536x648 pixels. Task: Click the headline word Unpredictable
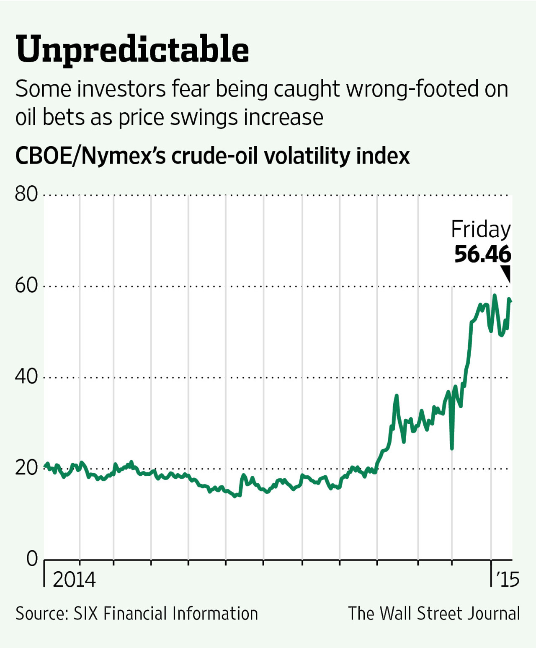(x=132, y=49)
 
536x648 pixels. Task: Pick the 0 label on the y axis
(x=32, y=559)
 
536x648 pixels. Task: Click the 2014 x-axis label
(x=74, y=579)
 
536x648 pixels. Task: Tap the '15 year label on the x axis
(x=508, y=579)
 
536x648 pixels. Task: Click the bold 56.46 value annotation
(x=482, y=254)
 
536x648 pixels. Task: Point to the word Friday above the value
(x=481, y=230)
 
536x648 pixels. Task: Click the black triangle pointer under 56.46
(x=507, y=274)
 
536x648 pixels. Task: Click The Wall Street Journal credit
(x=434, y=614)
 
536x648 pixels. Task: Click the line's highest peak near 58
(x=495, y=295)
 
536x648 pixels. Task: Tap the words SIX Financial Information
(x=166, y=614)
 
